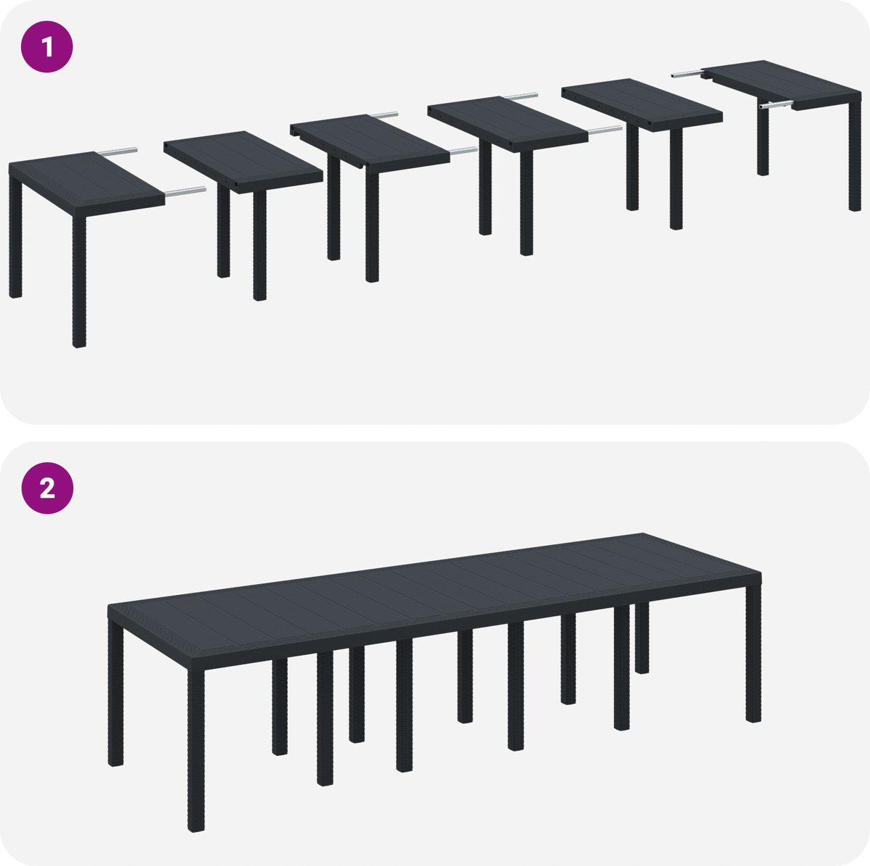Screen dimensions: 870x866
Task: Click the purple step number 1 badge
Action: pos(47,46)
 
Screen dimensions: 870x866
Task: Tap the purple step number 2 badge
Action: pos(47,488)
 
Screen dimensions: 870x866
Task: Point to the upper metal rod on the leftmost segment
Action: pos(117,151)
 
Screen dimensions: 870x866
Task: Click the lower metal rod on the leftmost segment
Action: pos(185,191)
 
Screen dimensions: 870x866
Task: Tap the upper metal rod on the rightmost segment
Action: pos(687,74)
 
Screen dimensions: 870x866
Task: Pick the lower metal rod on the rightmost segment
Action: pos(776,105)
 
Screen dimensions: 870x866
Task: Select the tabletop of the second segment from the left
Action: pos(243,161)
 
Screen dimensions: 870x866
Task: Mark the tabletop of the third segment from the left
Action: pos(370,142)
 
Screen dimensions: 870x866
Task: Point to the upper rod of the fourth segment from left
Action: pos(521,96)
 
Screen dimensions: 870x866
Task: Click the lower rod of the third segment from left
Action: pos(463,151)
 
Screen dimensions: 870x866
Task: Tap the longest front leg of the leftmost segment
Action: pos(79,282)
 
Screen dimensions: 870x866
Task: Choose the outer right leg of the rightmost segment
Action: pos(855,156)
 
